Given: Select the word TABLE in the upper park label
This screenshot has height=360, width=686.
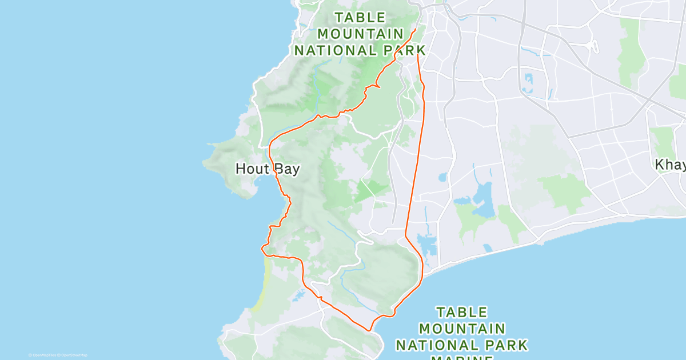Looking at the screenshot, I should pyautogui.click(x=360, y=17).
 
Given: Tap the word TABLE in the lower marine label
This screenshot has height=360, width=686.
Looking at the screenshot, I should pyautogui.click(x=462, y=313).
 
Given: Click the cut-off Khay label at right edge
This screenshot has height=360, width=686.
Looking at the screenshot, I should pyautogui.click(x=670, y=165).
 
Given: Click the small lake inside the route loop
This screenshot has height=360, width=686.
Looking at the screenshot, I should pyautogui.click(x=298, y=296).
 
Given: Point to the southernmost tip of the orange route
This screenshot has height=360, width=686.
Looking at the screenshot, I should pyautogui.click(x=370, y=330).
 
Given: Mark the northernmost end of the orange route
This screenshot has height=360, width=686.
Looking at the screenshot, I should pyautogui.click(x=414, y=29).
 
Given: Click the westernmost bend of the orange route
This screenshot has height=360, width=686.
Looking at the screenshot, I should pyautogui.click(x=262, y=248).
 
